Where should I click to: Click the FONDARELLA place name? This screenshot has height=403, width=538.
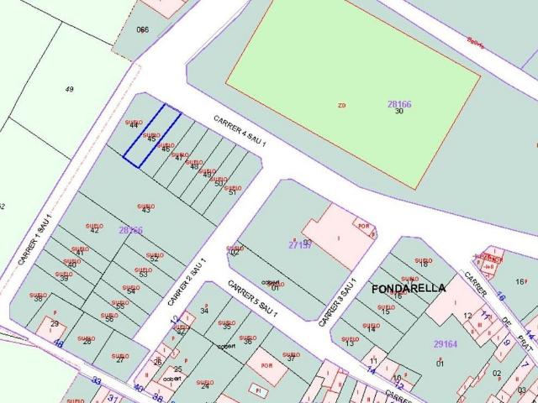409,288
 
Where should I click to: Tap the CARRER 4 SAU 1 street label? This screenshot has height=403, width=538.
240,132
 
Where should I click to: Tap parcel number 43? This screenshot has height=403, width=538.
146,209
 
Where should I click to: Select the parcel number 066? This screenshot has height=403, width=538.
143,29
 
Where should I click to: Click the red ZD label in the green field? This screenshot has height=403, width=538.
341,106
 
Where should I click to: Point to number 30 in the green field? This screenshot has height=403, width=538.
399,111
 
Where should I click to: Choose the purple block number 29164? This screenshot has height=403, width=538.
445,344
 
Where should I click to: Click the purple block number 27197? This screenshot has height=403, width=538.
299,245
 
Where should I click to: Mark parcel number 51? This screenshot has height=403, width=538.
232,192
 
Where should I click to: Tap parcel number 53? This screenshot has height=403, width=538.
143,274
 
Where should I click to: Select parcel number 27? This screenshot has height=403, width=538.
120,359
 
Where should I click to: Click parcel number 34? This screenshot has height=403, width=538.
204,311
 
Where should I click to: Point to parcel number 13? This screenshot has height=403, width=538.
349,343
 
